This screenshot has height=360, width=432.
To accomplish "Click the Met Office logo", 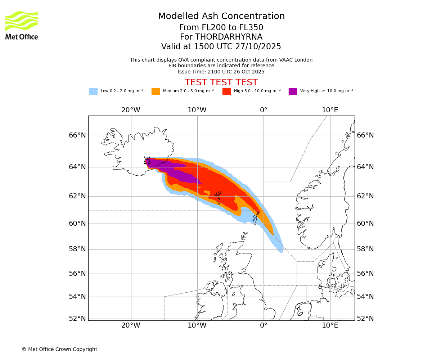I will (x=22, y=25).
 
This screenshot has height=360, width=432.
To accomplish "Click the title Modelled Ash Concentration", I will (x=221, y=16).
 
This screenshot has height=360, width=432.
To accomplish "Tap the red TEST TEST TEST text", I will (x=221, y=82).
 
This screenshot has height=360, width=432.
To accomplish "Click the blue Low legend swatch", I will (x=93, y=91).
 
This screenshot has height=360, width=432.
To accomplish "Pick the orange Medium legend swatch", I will (x=156, y=91).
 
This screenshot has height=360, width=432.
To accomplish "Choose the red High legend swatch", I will (x=226, y=91).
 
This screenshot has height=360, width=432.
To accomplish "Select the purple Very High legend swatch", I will (x=293, y=91).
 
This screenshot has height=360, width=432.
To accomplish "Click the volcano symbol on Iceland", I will (x=147, y=161).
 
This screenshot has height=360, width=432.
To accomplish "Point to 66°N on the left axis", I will (x=77, y=135).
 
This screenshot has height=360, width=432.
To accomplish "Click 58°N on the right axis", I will (x=365, y=249).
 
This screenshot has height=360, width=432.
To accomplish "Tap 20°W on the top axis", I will (x=131, y=110).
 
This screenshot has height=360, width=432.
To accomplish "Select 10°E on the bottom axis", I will (x=330, y=325).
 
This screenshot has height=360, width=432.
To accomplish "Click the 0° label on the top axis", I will (x=264, y=110).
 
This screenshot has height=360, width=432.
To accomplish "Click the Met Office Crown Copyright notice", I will (x=59, y=349).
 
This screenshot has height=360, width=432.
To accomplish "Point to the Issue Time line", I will (x=221, y=72).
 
